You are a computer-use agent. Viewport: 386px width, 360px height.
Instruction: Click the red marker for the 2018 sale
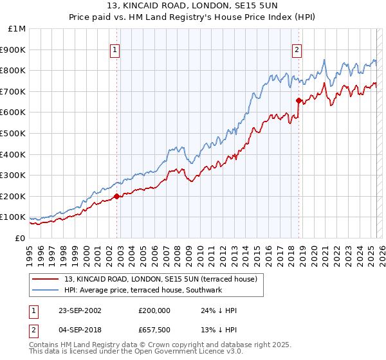299,100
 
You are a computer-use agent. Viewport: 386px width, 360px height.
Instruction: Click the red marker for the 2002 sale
116,196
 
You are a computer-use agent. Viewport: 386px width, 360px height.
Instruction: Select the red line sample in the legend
46,279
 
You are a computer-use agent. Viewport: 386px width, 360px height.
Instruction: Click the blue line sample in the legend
46,290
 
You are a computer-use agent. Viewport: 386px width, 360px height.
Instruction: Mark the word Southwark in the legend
204,290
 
